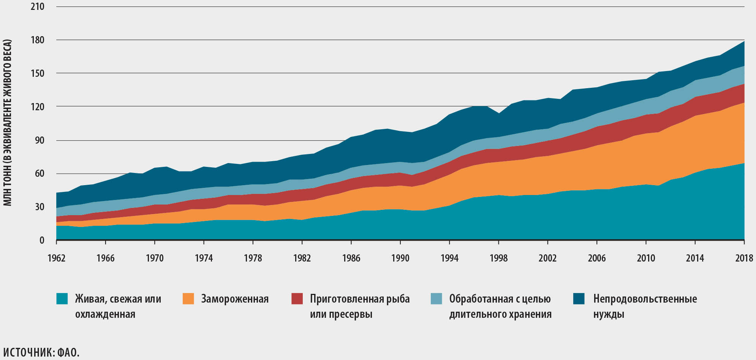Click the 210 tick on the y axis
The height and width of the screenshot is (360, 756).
tap(37, 6)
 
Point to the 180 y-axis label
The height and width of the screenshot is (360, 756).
tap(37, 40)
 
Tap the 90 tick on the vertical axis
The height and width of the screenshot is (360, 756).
tap(40, 140)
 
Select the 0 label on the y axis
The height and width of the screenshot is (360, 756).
tap(42, 240)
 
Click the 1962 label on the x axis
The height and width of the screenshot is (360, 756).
tap(56, 258)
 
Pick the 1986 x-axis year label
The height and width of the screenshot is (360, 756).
tap(351, 258)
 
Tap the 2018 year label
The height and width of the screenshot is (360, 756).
tap(744, 258)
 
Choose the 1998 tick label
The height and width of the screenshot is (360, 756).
tap(498, 258)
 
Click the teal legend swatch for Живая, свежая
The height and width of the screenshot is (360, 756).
tap(62, 298)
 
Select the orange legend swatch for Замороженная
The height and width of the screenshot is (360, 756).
tap(188, 298)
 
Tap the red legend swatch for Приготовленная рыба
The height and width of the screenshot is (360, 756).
tap(297, 298)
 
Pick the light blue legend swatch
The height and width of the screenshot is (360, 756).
tap(437, 298)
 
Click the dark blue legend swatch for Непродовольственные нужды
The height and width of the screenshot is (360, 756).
tap(579, 298)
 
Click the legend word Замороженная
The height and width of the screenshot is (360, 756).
tap(235, 299)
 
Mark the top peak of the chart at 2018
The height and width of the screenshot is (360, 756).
tap(744, 41)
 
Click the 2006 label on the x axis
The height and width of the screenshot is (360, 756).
tap(597, 258)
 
